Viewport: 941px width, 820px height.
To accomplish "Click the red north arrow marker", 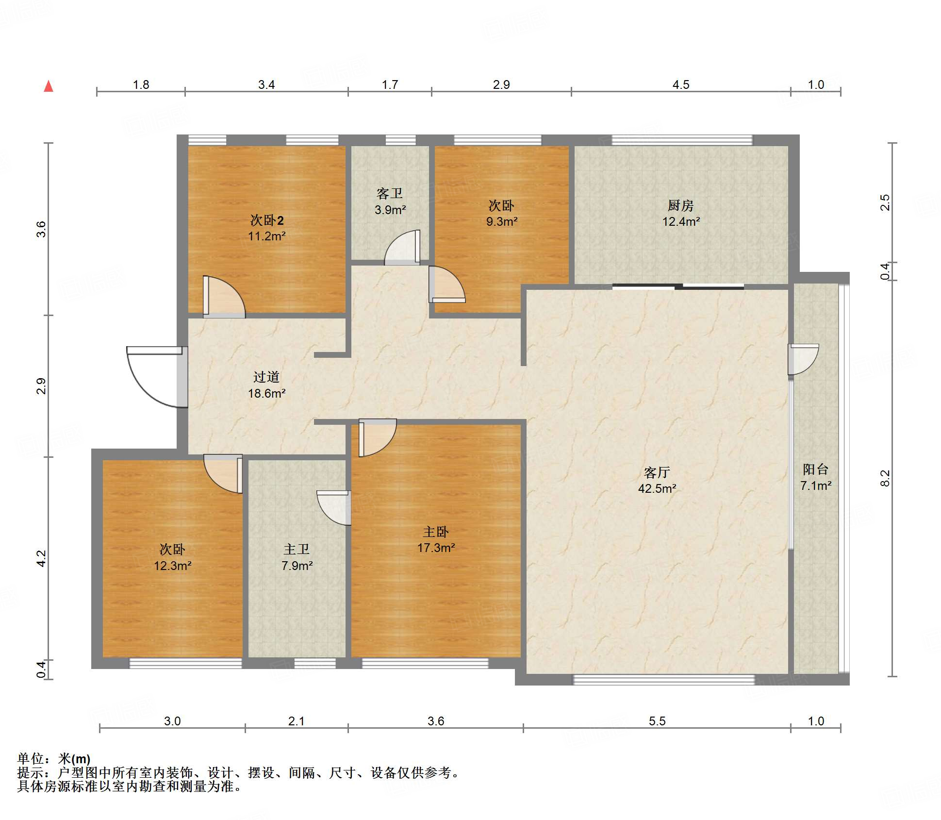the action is click(x=49, y=86).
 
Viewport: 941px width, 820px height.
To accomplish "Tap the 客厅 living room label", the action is click(x=657, y=472).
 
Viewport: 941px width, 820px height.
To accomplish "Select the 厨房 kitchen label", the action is click(x=680, y=205).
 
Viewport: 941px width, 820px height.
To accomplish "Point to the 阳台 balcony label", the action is click(x=815, y=469).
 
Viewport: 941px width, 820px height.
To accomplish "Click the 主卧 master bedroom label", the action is click(x=436, y=532).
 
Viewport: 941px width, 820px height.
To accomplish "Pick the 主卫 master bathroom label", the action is click(x=297, y=549).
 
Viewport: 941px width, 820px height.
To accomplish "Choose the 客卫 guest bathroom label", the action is click(x=390, y=194).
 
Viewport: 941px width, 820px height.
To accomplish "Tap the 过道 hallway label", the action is click(x=266, y=377).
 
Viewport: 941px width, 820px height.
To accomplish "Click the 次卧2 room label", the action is click(x=267, y=220).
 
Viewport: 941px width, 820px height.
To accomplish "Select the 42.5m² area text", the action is click(x=657, y=488).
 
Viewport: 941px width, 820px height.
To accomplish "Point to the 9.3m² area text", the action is click(x=502, y=221).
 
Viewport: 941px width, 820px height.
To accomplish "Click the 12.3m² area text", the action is click(x=173, y=566).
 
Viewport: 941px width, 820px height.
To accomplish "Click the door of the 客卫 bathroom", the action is click(x=402, y=247).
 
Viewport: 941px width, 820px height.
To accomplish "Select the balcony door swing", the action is click(x=803, y=359).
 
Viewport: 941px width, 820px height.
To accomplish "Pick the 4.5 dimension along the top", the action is click(x=681, y=84).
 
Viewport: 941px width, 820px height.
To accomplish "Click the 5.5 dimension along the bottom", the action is click(x=657, y=721).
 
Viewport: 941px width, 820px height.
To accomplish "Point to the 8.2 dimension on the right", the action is click(x=885, y=478).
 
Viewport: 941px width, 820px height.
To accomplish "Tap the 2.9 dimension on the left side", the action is click(x=41, y=386).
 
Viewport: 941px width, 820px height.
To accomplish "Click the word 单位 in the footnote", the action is click(x=31, y=758).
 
